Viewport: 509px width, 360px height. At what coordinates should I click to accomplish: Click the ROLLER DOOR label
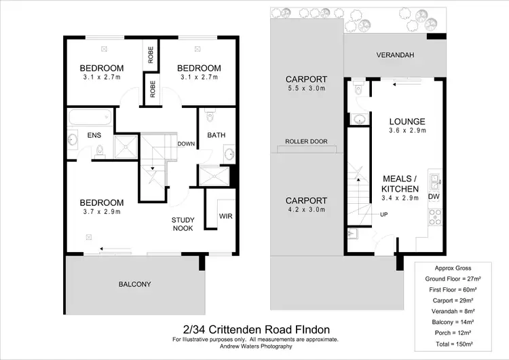(306, 141)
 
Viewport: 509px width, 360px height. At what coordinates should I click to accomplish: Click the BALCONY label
(134, 284)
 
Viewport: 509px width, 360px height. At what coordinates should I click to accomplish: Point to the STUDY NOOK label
(183, 223)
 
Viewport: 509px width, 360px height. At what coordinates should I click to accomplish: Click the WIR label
(225, 217)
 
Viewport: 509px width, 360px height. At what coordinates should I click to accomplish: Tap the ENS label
(94, 135)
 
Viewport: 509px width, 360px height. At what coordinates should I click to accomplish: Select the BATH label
(216, 134)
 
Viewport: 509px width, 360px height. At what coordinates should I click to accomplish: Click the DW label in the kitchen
(434, 197)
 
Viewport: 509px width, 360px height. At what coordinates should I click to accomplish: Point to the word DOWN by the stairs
(187, 144)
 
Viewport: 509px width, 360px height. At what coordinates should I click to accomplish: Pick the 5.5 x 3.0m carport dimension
(306, 89)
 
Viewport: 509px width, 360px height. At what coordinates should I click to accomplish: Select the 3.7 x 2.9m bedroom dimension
(102, 212)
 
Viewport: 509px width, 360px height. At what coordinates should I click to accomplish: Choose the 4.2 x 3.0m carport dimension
(306, 210)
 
